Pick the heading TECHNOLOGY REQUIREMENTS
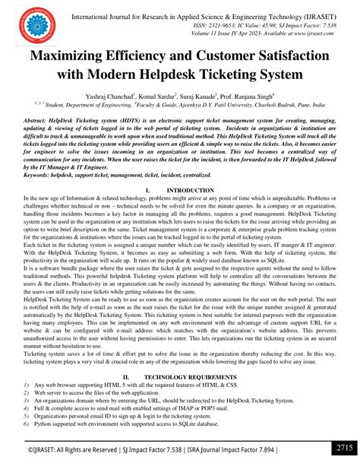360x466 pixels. [191, 376]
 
